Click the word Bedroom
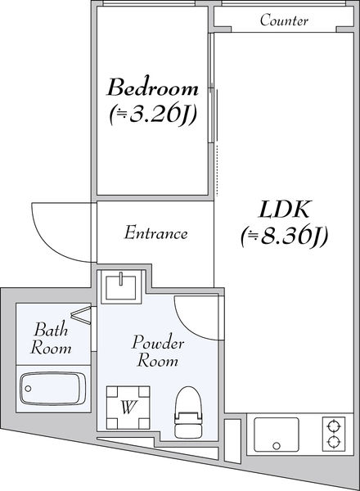tap(153, 88)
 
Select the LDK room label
tap(284, 209)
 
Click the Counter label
tap(284, 20)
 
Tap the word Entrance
tap(156, 233)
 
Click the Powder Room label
tap(157, 351)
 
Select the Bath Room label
tap(51, 338)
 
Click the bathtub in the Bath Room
tap(53, 389)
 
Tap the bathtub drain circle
tap(28, 389)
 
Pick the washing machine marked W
tap(128, 408)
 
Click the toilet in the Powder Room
tap(188, 412)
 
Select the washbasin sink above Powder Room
tap(121, 287)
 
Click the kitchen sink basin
tap(276, 435)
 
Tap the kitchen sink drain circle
tap(276, 446)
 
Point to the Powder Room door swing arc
tap(188, 326)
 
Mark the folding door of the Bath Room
tap(82, 313)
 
